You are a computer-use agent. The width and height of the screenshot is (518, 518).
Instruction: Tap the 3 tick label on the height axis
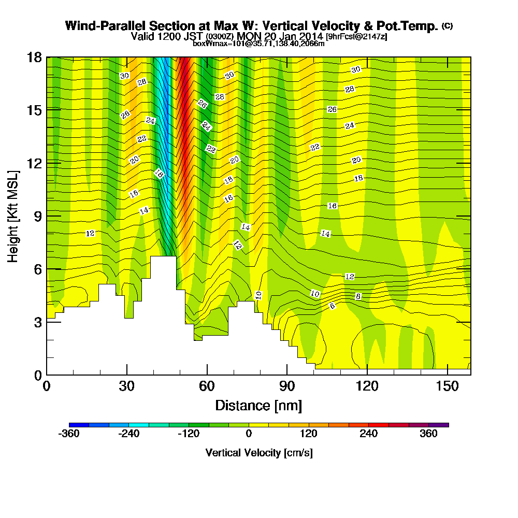tap(37, 322)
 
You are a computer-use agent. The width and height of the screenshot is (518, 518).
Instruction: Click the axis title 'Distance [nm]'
tap(258, 405)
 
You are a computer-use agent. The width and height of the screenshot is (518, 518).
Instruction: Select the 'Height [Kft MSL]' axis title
tap(12, 215)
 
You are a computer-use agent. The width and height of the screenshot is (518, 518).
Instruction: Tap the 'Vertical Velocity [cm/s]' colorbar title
tap(259, 453)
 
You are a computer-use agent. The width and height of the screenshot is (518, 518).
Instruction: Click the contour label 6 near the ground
tap(333, 306)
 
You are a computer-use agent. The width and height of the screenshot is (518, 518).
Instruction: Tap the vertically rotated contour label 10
tap(258, 295)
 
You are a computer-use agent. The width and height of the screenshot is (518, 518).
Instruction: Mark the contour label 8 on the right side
tap(358, 296)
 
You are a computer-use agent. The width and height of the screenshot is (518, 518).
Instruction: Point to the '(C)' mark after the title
tap(447, 25)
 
